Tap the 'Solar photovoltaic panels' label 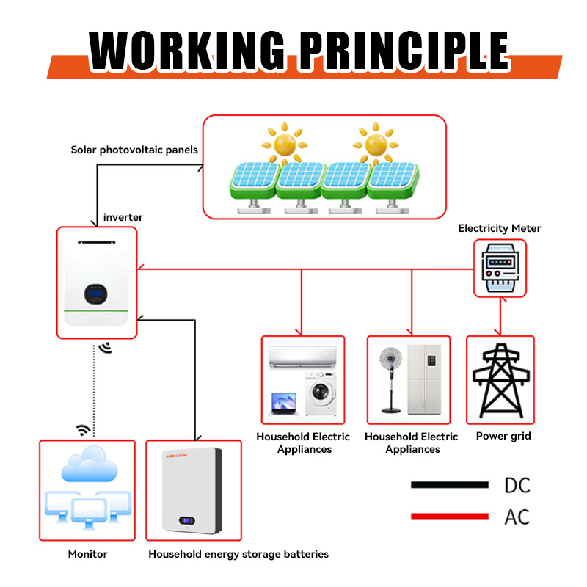[134, 150]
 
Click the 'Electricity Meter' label [500, 228]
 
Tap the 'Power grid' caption [503, 436]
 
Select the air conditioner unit [303, 357]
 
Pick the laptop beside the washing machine [284, 403]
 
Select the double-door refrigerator [425, 380]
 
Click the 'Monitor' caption [87, 554]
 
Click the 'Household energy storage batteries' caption [238, 554]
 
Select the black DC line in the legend [449, 485]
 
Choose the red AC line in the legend [449, 517]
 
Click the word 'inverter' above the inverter [123, 217]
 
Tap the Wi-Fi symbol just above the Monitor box [83, 430]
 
